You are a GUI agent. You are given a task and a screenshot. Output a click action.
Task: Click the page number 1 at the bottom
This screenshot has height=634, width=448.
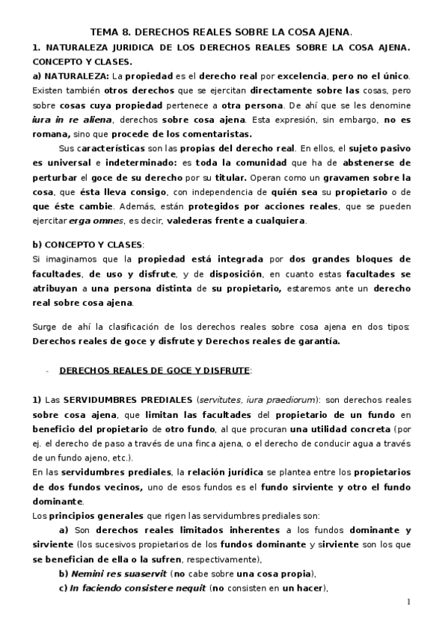click(409, 603)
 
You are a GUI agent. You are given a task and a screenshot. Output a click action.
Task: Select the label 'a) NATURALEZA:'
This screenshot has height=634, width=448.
click(71, 77)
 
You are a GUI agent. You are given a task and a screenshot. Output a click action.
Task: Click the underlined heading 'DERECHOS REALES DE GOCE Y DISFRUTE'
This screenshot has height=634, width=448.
click(155, 370)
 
